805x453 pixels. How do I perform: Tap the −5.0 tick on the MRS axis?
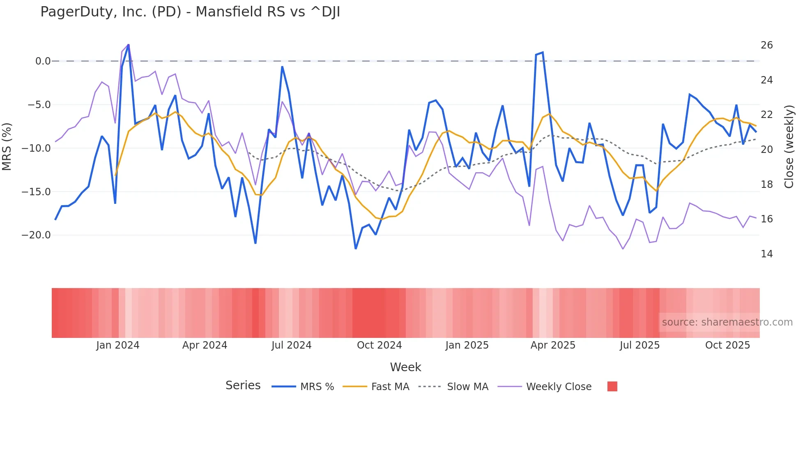[39, 105]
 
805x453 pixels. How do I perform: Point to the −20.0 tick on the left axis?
[37, 235]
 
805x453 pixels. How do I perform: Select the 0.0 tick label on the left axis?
[43, 61]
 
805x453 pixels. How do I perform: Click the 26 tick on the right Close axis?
[766, 45]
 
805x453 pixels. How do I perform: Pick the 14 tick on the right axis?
[766, 254]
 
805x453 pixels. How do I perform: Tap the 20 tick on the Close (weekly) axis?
[766, 150]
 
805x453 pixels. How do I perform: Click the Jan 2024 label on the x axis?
[118, 345]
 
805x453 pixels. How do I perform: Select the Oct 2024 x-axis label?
[379, 345]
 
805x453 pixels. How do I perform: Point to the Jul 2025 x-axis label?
[639, 345]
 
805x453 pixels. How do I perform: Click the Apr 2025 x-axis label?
[553, 345]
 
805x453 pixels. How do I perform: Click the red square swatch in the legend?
[612, 386]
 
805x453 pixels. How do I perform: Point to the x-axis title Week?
[405, 367]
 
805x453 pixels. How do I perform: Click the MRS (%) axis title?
[7, 147]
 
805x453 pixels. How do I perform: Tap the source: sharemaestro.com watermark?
[727, 322]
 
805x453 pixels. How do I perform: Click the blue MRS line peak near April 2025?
[543, 53]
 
